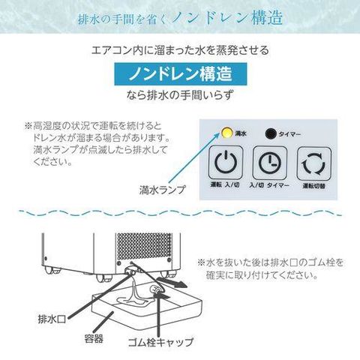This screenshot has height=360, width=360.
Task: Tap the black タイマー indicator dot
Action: tap(271, 133)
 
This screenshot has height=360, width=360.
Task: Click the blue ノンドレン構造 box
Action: tap(179, 76)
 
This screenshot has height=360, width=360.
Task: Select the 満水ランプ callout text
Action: tap(160, 190)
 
